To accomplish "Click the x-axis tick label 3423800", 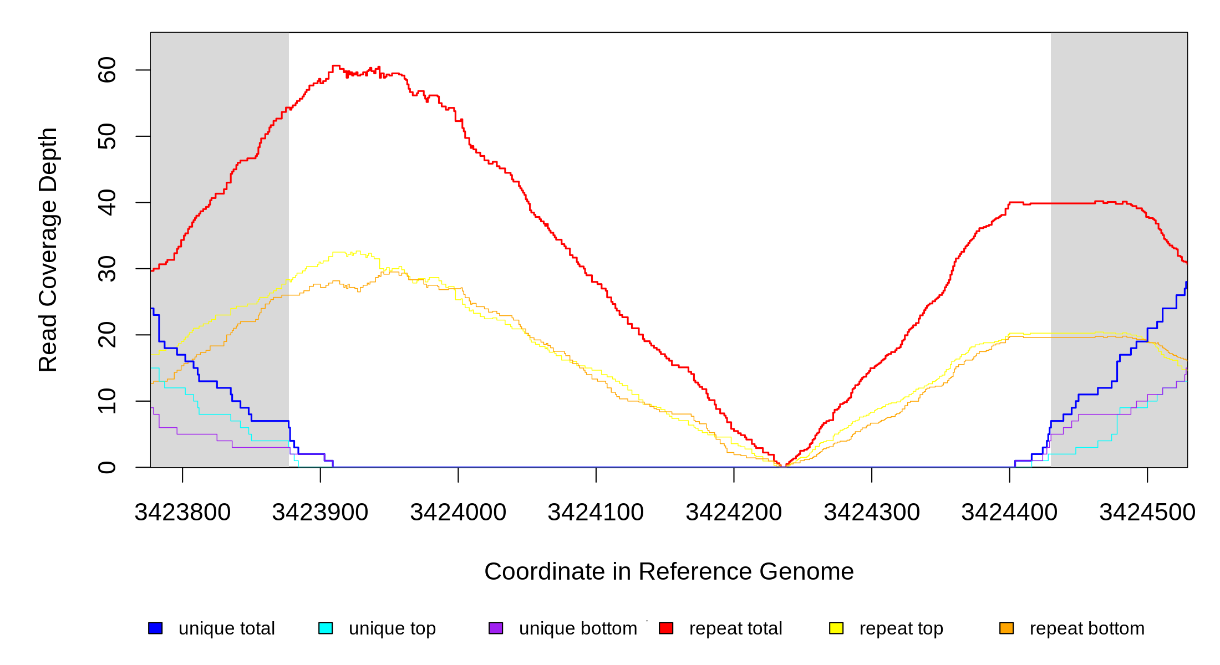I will click(182, 513).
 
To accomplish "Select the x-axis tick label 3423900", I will click(320, 513).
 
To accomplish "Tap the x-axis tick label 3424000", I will click(458, 513).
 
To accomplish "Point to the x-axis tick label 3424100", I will click(596, 513).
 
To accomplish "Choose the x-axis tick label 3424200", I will click(734, 513).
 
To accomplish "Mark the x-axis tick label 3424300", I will click(872, 513).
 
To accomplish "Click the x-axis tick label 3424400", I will click(1009, 513).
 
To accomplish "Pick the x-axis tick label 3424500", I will click(1147, 513).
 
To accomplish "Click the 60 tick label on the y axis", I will click(107, 70).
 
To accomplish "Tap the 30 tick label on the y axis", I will click(107, 269).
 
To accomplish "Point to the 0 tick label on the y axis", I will click(107, 467).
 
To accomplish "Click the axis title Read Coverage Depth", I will click(48, 249).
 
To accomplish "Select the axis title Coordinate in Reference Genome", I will click(669, 571).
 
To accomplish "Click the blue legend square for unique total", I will click(155, 628).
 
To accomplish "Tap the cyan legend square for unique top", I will click(326, 628).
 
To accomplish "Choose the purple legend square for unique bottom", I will click(496, 628).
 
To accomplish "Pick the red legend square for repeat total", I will click(666, 628).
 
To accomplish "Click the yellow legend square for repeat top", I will click(836, 628).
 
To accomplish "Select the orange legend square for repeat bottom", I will click(1006, 628).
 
